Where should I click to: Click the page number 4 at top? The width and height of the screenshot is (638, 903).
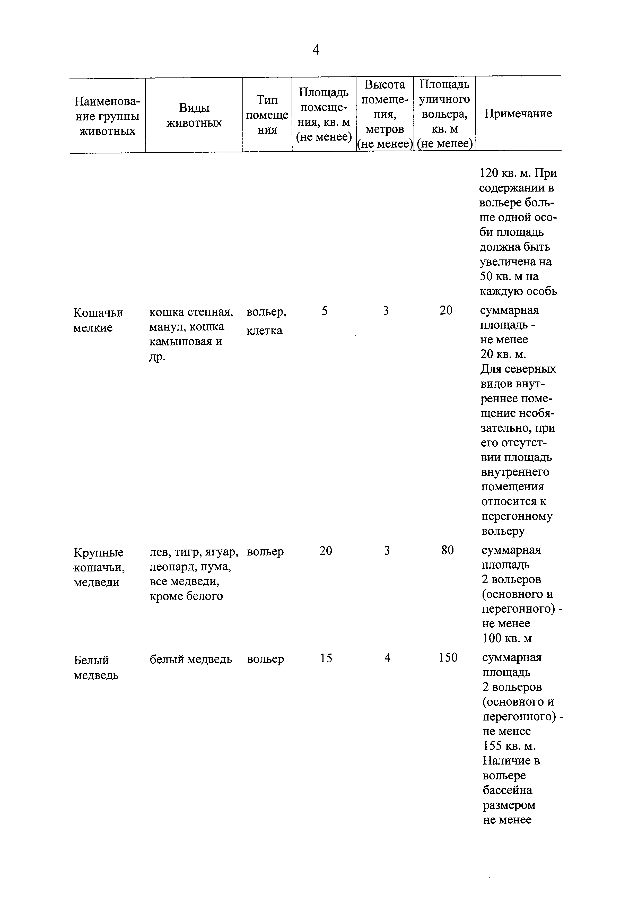point(316,50)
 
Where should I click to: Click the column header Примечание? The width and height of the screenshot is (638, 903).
point(518,114)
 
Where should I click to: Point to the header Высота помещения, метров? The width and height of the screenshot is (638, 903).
point(384,114)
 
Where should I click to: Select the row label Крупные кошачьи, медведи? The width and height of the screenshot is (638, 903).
point(99,567)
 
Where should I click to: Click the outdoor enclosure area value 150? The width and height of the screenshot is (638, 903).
point(448,658)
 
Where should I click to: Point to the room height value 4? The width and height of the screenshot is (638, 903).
point(387,658)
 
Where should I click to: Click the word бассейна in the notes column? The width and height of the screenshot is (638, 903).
point(508,790)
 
